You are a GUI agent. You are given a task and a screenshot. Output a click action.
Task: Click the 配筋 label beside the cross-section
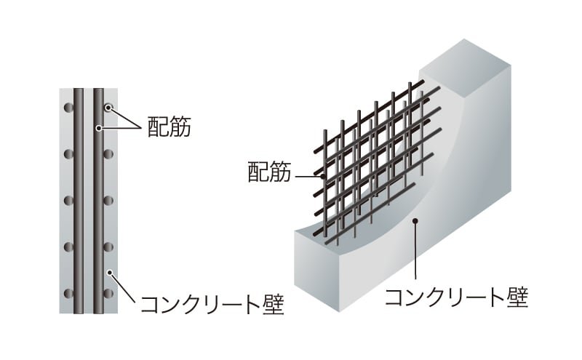coord(170,127)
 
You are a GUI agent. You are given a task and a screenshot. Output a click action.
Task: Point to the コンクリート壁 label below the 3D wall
coord(457,297)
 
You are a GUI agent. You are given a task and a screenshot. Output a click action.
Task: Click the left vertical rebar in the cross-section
coord(79,201)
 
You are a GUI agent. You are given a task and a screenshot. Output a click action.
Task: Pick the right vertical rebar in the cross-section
coord(98,201)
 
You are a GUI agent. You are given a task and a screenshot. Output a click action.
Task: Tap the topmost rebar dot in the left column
coord(68,108)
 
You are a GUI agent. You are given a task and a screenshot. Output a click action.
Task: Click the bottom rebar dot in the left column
coord(68,294)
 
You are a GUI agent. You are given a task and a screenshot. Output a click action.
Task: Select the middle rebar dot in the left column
coord(68,201)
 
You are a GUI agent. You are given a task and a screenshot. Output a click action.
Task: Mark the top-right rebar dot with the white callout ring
coord(108,108)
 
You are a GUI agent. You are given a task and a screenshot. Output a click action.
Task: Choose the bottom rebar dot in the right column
coord(108,294)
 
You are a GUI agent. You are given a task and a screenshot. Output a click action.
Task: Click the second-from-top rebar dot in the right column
coord(108,154)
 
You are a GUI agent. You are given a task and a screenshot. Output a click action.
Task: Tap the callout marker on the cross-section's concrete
coord(110,273)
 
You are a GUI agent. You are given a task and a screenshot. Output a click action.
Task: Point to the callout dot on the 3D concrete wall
coord(415,221)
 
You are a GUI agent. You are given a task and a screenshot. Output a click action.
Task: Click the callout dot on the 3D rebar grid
coord(323,177)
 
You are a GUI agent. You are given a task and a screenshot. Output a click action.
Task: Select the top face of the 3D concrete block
coord(465,68)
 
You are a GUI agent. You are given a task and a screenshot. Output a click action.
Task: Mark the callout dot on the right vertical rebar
coord(98,128)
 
